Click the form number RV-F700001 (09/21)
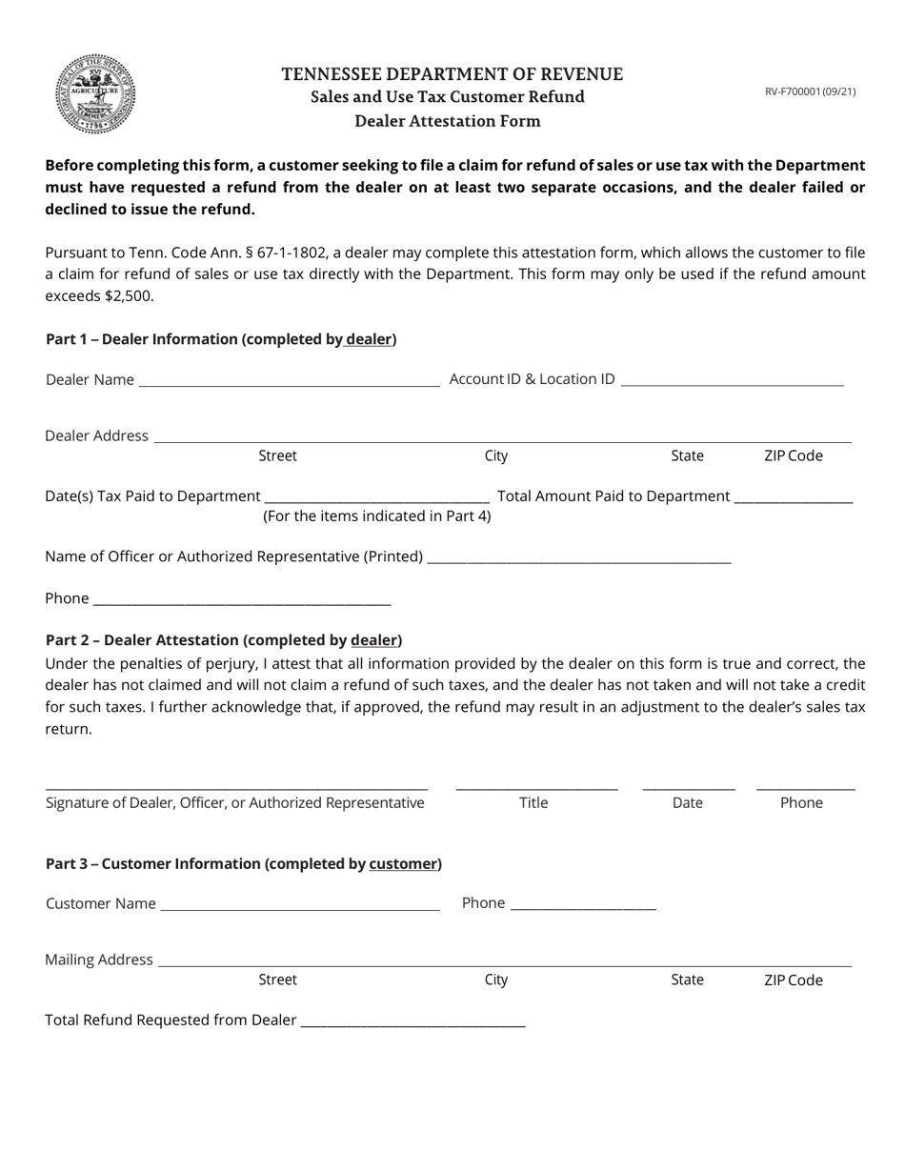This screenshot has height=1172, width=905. [810, 92]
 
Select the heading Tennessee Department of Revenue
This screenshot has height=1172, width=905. [452, 74]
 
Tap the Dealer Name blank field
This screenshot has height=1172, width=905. [289, 379]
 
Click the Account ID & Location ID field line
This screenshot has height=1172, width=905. [732, 379]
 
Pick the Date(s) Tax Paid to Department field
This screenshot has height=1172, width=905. [376, 495]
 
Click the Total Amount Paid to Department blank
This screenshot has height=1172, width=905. [794, 495]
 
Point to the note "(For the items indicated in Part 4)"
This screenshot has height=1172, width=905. [377, 516]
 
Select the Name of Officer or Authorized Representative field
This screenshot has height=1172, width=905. [579, 556]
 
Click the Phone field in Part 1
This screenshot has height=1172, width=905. [242, 598]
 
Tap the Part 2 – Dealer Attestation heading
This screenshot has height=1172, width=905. [224, 640]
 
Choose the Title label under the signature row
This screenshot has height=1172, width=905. [533, 803]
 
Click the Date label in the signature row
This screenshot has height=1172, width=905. [687, 803]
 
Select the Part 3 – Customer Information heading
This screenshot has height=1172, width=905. [244, 864]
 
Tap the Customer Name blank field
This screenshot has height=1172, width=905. [300, 904]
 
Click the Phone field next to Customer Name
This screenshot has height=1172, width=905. [583, 904]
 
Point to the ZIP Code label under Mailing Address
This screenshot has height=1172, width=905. [793, 980]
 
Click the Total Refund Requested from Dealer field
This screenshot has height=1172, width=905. [412, 1020]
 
